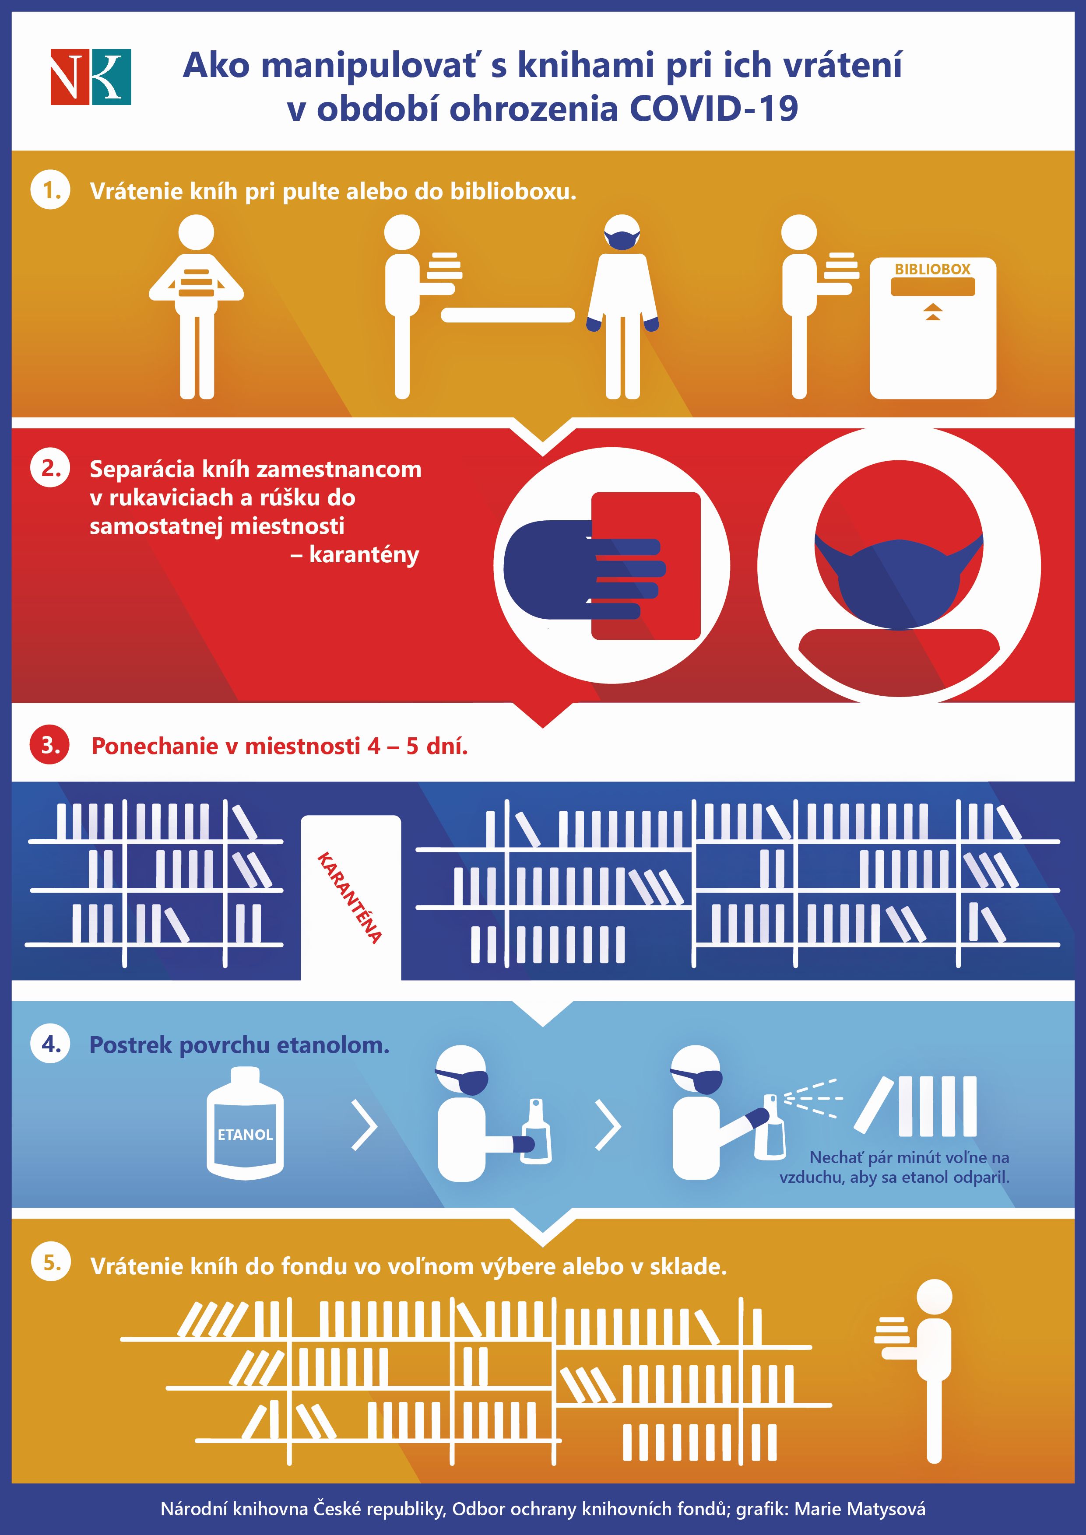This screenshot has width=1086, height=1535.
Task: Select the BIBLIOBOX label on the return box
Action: click(932, 270)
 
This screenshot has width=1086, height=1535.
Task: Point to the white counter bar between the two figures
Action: click(508, 315)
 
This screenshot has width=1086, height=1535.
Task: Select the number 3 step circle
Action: click(51, 745)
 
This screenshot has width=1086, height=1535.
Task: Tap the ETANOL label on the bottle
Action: click(246, 1135)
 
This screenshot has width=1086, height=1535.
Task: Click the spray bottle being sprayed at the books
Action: click(769, 1128)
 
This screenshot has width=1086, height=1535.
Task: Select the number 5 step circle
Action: click(51, 1263)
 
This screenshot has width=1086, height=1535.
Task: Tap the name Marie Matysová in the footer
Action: click(860, 1508)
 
